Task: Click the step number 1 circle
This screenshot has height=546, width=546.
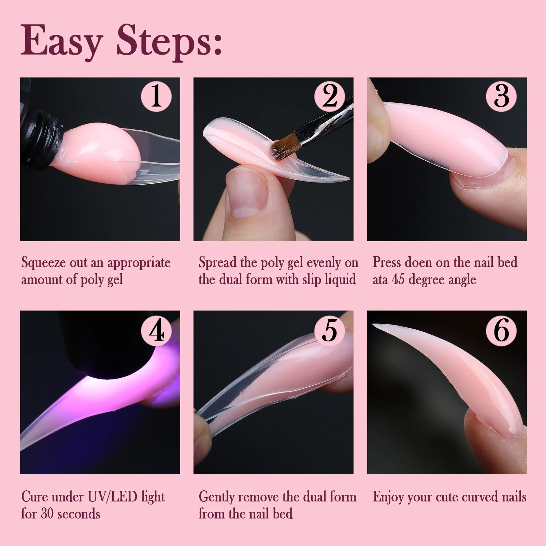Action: coord(156,96)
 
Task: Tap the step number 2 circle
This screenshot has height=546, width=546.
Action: coord(329,96)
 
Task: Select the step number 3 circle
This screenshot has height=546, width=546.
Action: coord(501,96)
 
